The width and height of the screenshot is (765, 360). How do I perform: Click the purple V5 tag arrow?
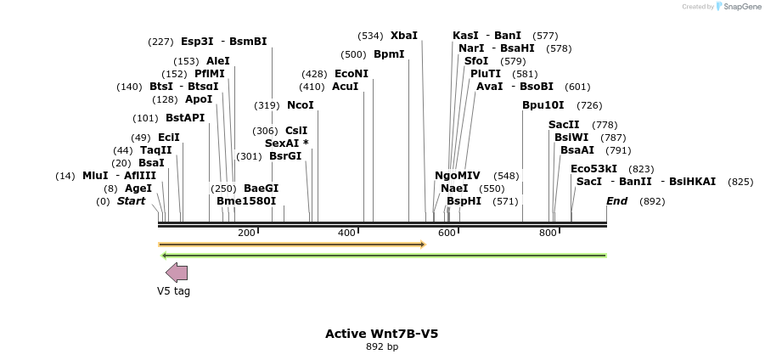click(x=177, y=273)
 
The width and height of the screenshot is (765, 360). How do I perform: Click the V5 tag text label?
click(x=173, y=291)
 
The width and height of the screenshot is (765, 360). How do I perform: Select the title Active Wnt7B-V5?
click(x=381, y=334)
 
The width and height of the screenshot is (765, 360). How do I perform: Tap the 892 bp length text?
click(x=381, y=347)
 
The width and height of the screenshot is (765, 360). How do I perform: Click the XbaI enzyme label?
click(x=404, y=36)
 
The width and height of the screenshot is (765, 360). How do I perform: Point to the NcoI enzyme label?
click(x=301, y=105)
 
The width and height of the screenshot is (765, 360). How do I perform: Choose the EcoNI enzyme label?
click(x=352, y=74)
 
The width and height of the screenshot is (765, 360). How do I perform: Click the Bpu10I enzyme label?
click(x=543, y=105)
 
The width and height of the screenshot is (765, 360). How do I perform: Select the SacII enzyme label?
click(x=564, y=125)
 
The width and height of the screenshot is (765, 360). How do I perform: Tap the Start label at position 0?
click(x=131, y=201)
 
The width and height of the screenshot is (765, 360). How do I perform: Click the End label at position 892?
click(x=616, y=201)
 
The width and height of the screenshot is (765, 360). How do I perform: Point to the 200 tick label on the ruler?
click(x=246, y=233)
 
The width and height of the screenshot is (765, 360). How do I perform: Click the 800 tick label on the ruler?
click(x=548, y=233)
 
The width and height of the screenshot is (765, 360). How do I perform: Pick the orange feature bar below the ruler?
click(x=291, y=245)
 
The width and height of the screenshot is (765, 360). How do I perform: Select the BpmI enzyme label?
click(x=389, y=54)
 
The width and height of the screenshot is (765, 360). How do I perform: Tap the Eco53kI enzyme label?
click(x=593, y=169)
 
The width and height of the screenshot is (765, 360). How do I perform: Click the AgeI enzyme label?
click(x=138, y=188)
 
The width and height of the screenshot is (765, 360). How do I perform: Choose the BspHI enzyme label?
click(x=464, y=201)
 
